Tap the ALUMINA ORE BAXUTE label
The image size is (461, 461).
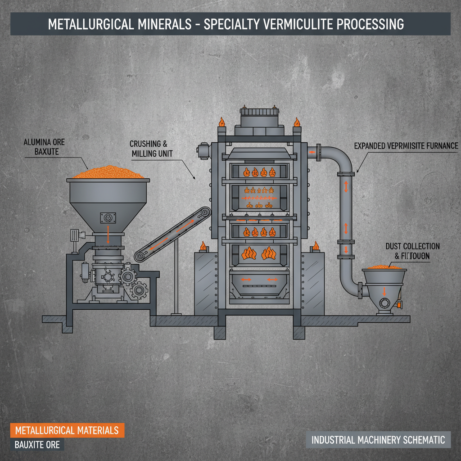[x=44, y=147]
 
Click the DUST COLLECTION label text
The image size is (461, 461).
[x=412, y=246]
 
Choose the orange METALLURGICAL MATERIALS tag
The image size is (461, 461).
[x=67, y=430]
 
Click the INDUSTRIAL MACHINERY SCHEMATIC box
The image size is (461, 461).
[x=378, y=439]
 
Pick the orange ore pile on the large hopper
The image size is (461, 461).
[x=108, y=173]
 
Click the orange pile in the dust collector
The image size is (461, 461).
[x=384, y=267]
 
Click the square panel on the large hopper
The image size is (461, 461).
[x=108, y=218]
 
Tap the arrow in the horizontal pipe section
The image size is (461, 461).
[x=312, y=152]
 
